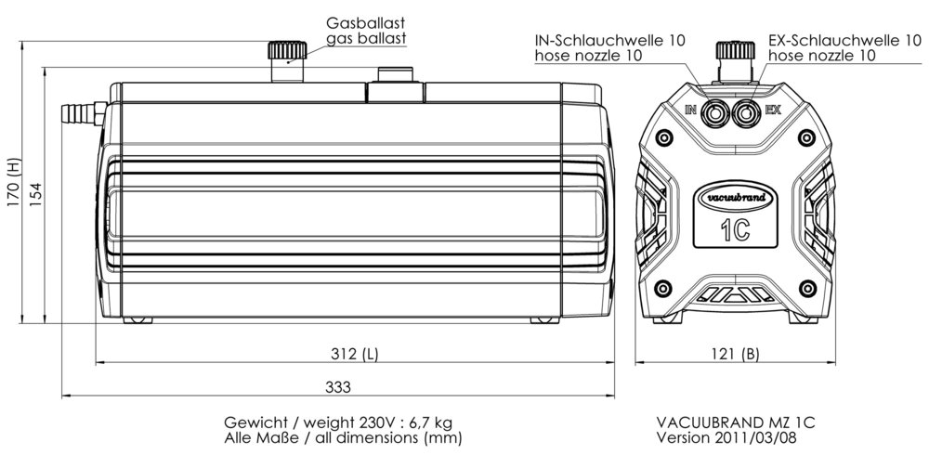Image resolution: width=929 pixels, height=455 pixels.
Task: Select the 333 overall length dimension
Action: tap(340, 386)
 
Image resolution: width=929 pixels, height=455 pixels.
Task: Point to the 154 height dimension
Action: tap(35, 196)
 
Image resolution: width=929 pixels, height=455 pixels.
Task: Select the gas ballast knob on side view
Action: tap(281, 51)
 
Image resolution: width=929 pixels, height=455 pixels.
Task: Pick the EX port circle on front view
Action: tap(744, 113)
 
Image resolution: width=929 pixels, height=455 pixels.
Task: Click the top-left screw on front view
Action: tap(662, 136)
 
